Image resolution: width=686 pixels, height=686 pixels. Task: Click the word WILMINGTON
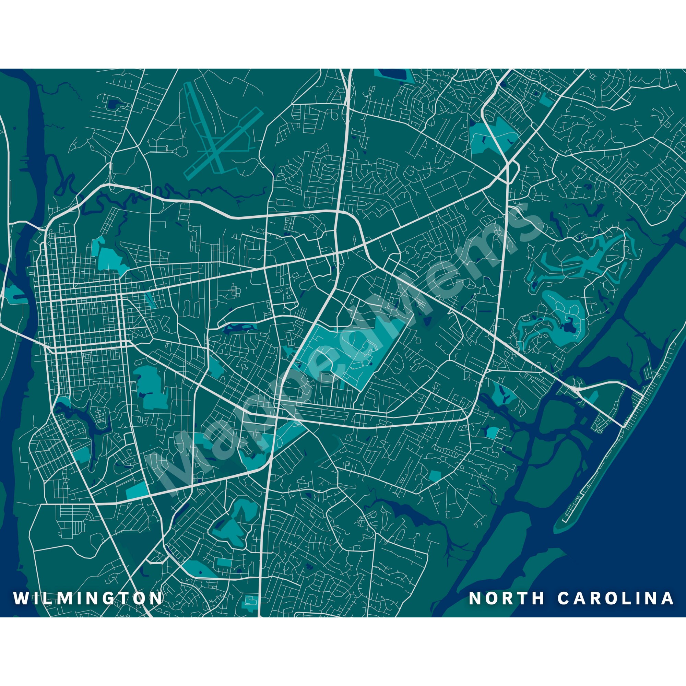tap(88, 598)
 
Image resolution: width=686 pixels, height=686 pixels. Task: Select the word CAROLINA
tap(616, 598)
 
